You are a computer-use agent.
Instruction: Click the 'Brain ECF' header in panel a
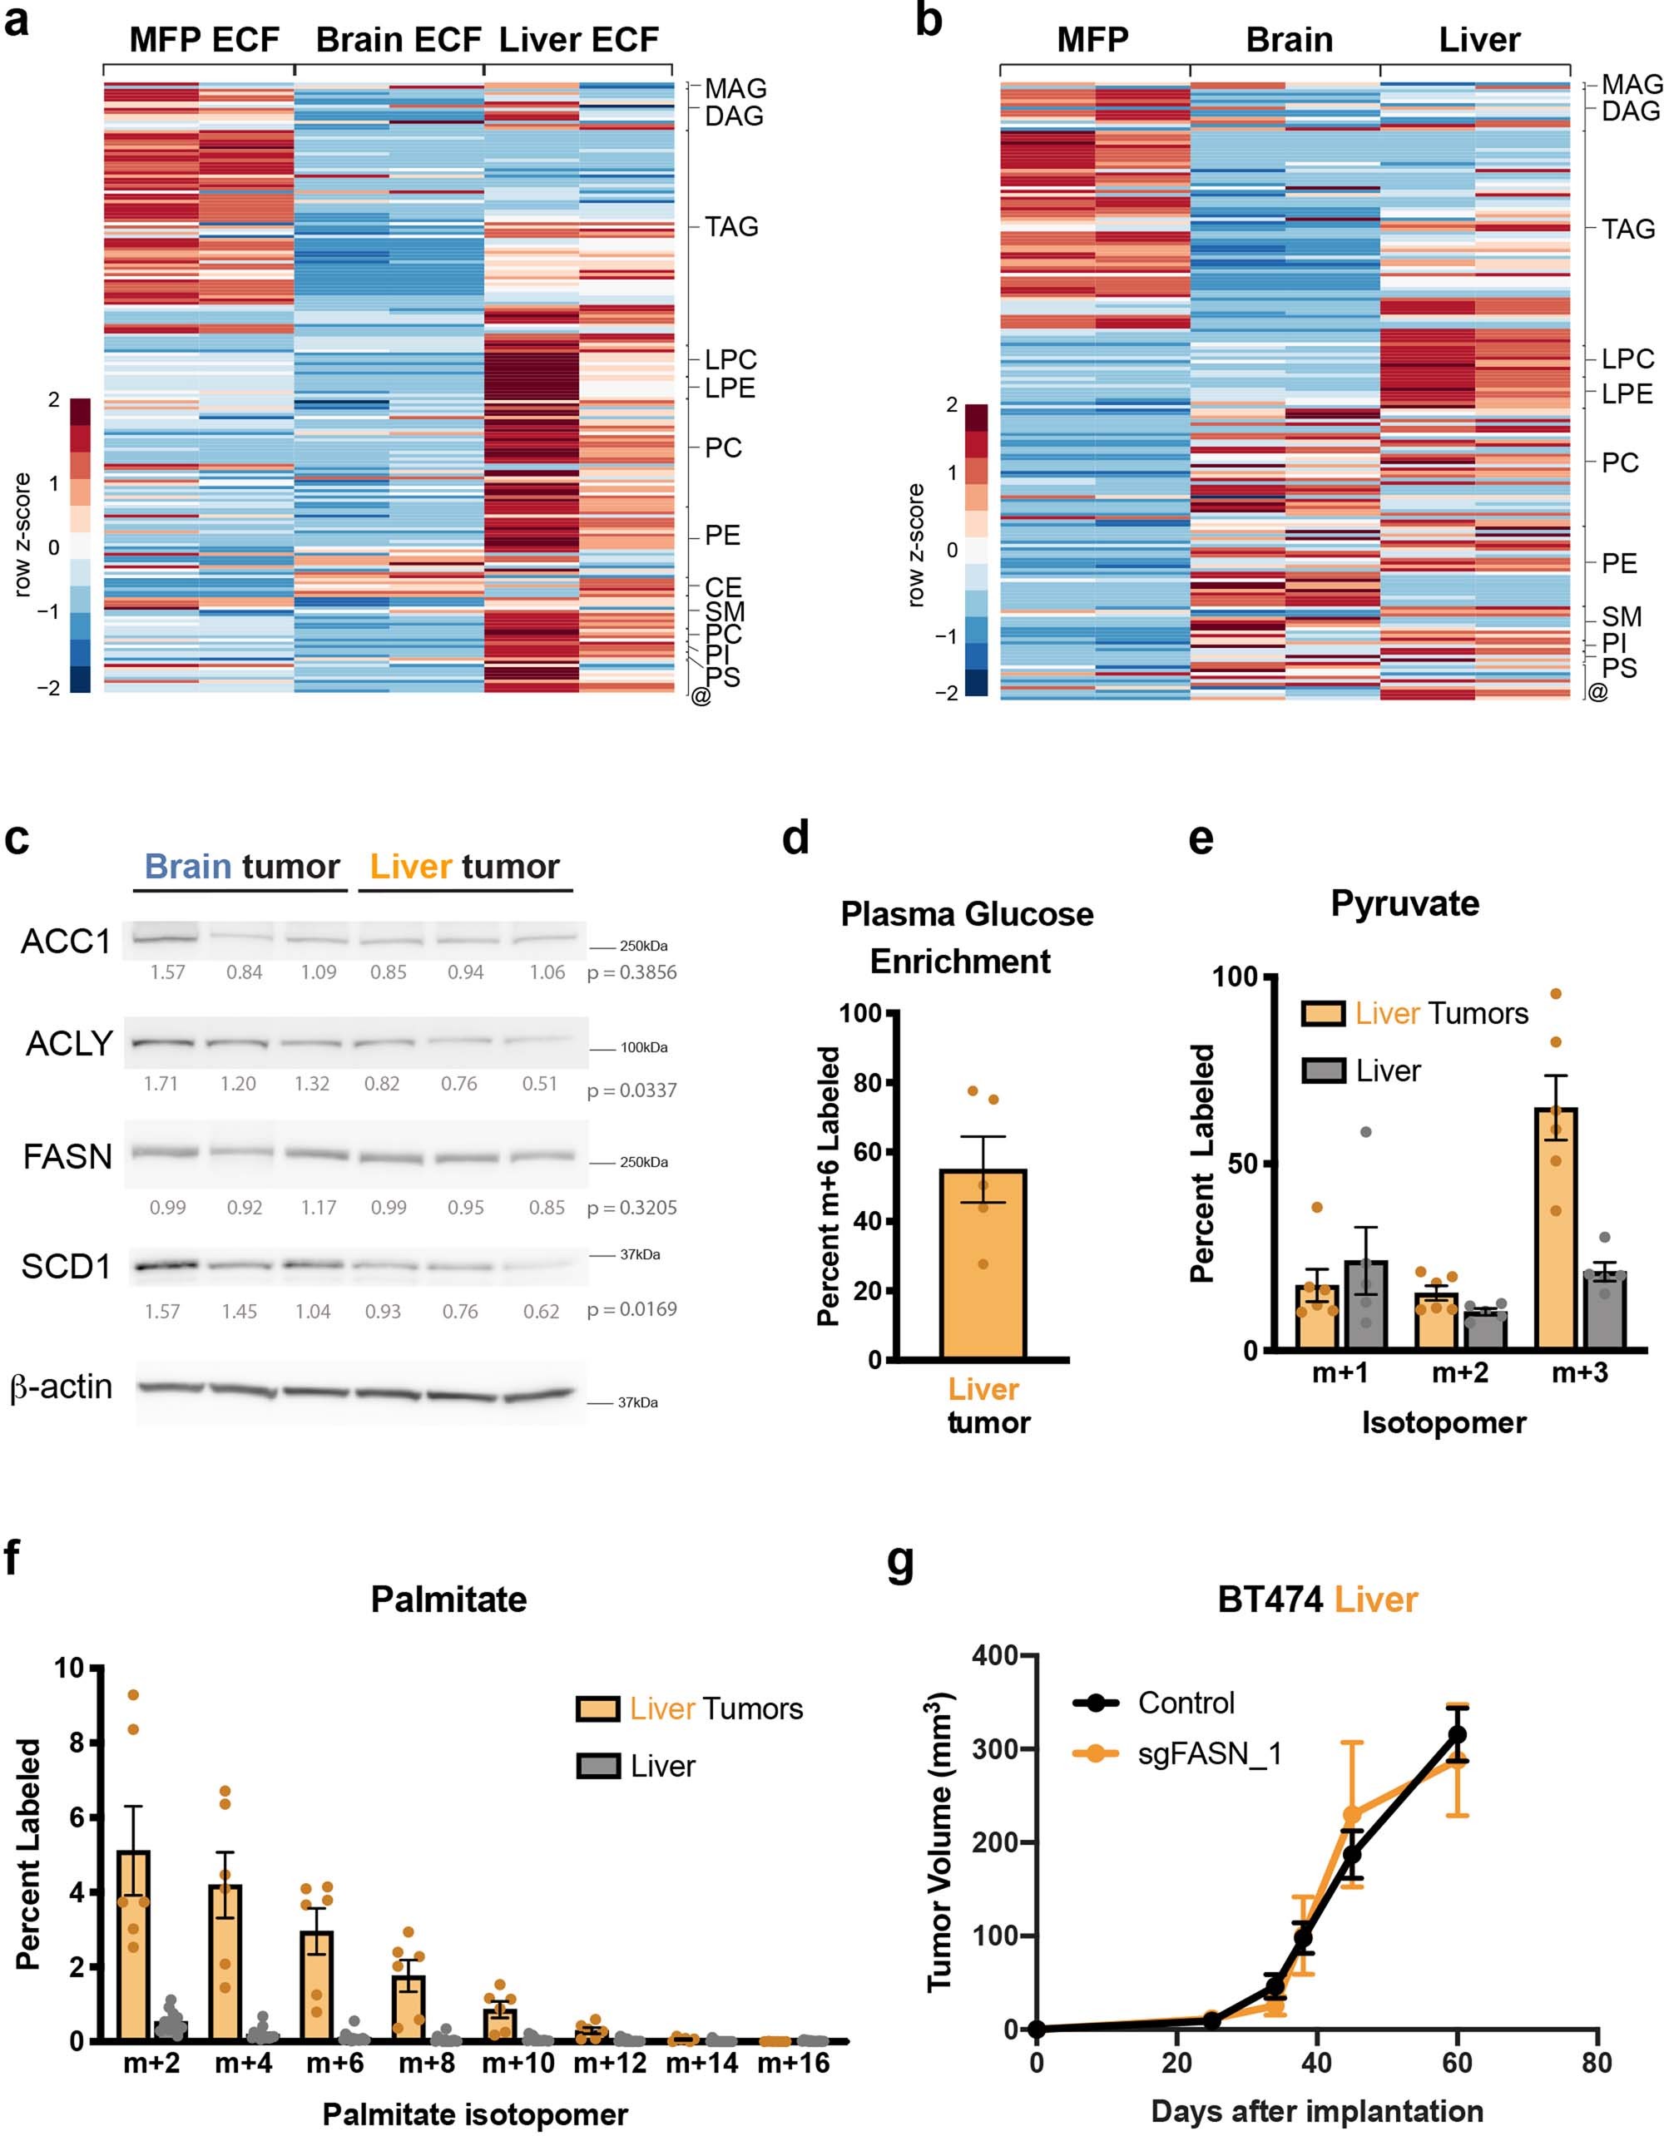point(399,40)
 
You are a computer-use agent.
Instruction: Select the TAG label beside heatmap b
point(1627,229)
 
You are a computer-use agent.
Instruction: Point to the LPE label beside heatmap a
point(730,388)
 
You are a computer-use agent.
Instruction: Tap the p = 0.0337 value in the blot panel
point(632,1090)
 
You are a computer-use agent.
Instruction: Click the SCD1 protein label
point(67,1267)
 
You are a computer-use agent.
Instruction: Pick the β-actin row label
point(61,1387)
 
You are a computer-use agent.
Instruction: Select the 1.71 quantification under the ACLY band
point(161,1084)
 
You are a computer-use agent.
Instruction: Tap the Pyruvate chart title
point(1404,903)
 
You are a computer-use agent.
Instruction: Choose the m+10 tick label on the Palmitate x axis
point(518,2064)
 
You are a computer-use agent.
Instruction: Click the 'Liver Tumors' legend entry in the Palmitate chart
point(715,1708)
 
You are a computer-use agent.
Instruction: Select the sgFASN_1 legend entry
point(1209,1753)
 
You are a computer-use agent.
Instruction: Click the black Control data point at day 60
point(1457,1734)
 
